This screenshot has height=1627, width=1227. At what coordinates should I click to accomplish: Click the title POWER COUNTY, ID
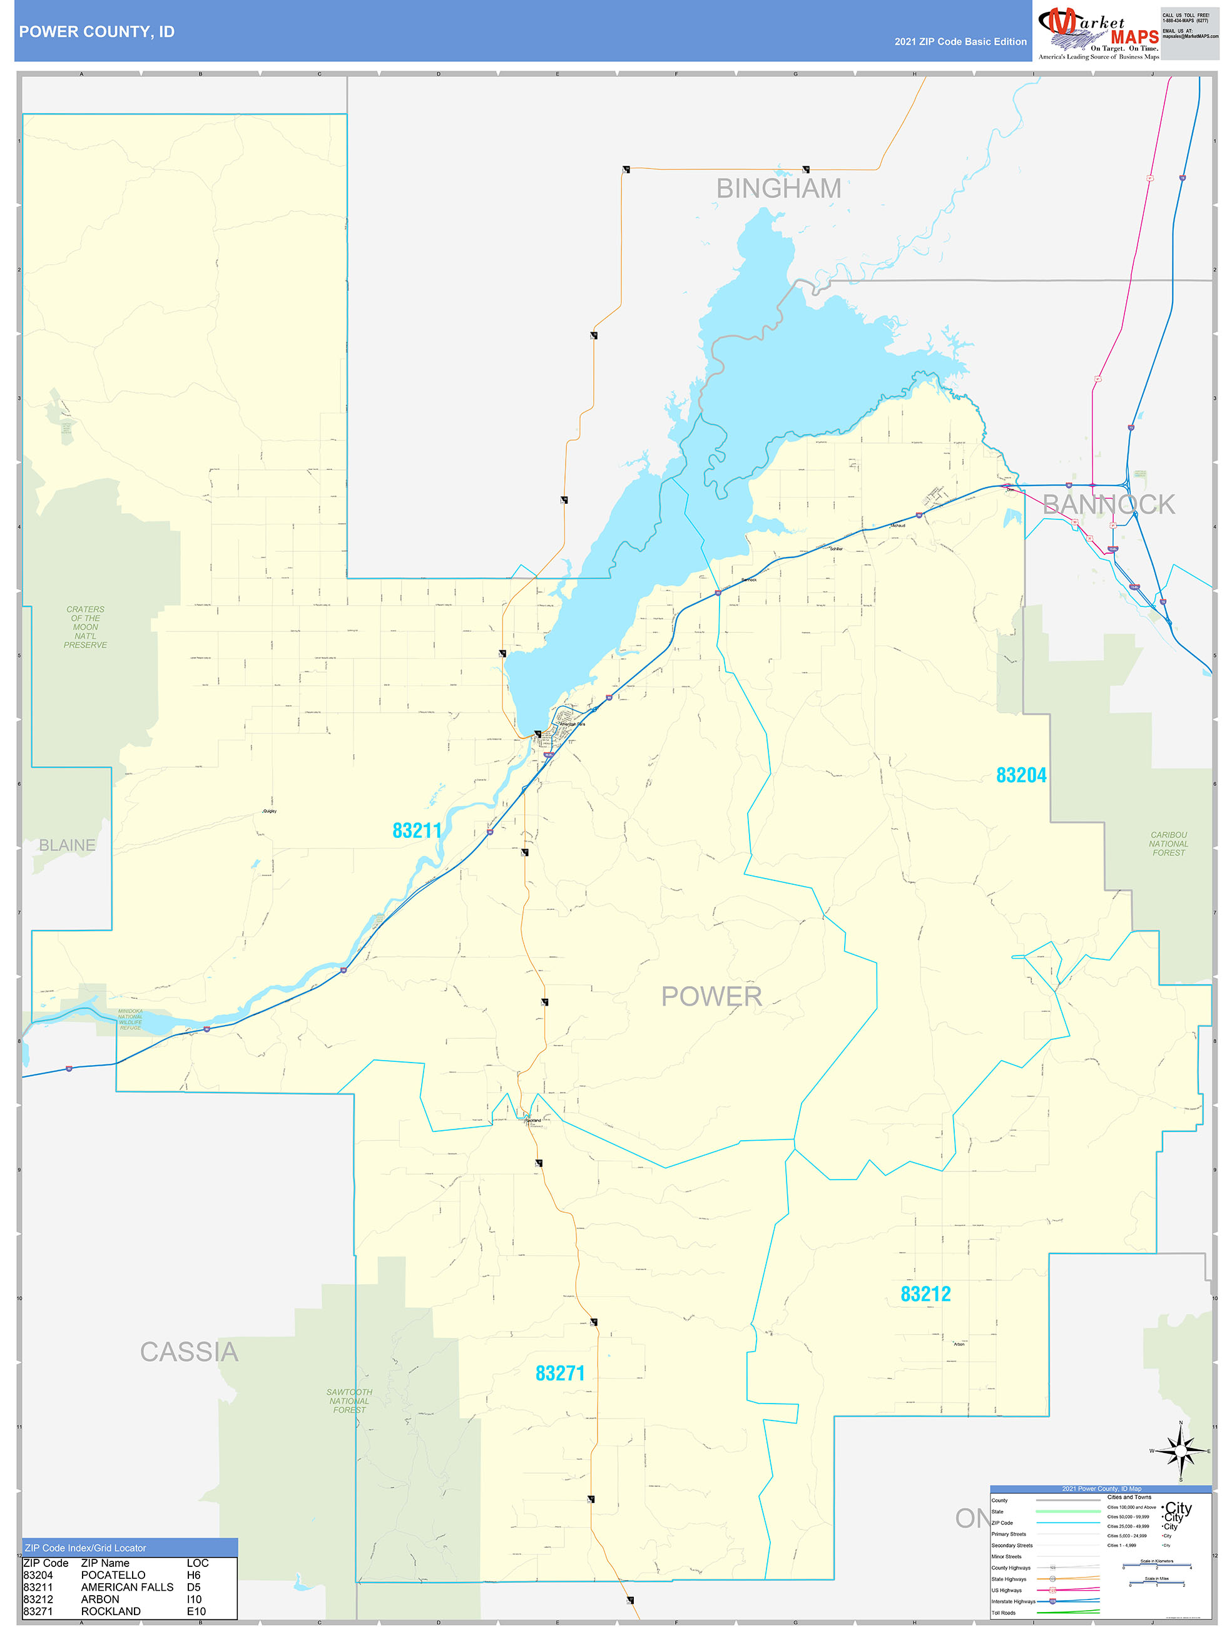pyautogui.click(x=96, y=32)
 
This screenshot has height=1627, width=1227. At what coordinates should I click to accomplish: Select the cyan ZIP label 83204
pyautogui.click(x=1021, y=775)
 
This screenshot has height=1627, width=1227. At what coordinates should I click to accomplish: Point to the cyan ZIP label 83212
pyautogui.click(x=925, y=1294)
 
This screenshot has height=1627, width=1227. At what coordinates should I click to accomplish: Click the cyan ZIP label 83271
pyautogui.click(x=560, y=1372)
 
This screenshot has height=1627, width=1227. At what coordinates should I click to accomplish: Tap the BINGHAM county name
pyautogui.click(x=778, y=189)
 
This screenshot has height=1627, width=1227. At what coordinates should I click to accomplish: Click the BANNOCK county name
pyautogui.click(x=1108, y=504)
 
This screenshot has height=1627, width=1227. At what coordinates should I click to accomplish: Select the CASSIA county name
pyautogui.click(x=189, y=1352)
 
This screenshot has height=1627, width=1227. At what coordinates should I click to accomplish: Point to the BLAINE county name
pyautogui.click(x=67, y=845)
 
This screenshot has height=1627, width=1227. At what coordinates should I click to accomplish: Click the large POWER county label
pyautogui.click(x=711, y=996)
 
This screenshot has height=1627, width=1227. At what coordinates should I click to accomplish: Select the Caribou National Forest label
pyautogui.click(x=1168, y=844)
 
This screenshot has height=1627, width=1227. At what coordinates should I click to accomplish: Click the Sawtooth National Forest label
pyautogui.click(x=349, y=1401)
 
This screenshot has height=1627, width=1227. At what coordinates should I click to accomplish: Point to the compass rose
pyautogui.click(x=1180, y=1451)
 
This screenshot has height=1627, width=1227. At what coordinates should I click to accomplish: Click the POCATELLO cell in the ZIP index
pyautogui.click(x=113, y=1575)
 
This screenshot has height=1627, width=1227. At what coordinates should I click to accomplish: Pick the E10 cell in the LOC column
pyautogui.click(x=196, y=1611)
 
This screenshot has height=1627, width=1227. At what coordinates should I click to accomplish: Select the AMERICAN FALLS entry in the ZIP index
pyautogui.click(x=127, y=1586)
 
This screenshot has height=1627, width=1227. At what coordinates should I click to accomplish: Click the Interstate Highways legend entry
pyautogui.click(x=1013, y=1601)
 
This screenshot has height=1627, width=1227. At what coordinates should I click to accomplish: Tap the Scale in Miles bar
pyautogui.click(x=1156, y=1584)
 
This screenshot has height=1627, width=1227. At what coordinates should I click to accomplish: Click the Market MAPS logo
pyautogui.click(x=1097, y=31)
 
